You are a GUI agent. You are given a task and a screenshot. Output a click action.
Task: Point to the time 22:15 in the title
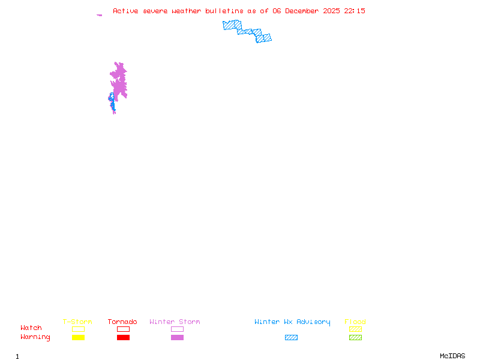point(355,11)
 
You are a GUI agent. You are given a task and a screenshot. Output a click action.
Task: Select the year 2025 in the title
point(332,11)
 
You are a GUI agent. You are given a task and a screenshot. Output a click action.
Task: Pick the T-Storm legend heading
point(77,322)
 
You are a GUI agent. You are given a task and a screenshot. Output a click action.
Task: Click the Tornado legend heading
point(122,322)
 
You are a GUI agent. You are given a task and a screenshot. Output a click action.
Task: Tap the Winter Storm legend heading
point(175,322)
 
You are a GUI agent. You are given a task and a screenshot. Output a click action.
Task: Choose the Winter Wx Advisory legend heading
point(292,322)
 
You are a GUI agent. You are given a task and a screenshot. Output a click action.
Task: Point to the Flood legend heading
point(355,322)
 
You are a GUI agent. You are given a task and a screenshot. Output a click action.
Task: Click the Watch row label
point(31,328)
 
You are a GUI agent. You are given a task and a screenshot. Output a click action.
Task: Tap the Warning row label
point(35,337)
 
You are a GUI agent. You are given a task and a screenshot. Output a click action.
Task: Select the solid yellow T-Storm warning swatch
point(78,337)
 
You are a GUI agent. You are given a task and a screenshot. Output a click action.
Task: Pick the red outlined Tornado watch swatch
point(123,329)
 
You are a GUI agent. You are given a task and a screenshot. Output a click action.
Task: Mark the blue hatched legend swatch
point(291,337)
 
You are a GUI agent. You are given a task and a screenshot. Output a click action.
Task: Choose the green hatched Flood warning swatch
point(355,337)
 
